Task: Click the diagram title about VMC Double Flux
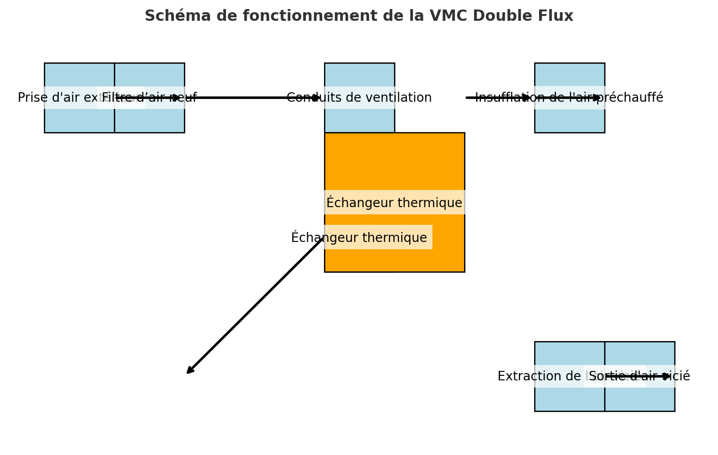[359, 16]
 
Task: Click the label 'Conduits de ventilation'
[359, 98]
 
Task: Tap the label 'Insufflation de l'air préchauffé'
[569, 98]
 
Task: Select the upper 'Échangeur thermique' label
[394, 203]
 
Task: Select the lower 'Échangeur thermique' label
[359, 238]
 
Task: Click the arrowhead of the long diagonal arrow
[189, 372]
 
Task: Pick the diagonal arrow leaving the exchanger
[255, 306]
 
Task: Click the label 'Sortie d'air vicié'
[640, 376]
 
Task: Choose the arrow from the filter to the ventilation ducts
[253, 98]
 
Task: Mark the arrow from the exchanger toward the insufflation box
[497, 98]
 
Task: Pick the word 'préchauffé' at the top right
[635, 98]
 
